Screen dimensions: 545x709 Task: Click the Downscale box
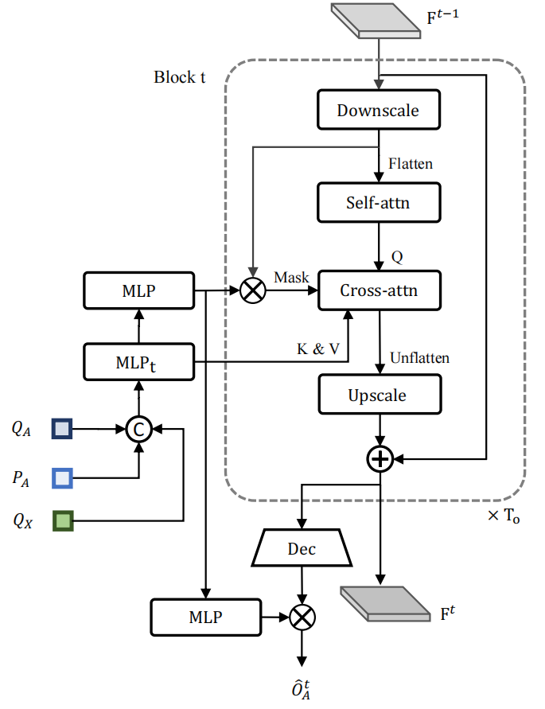click(x=379, y=110)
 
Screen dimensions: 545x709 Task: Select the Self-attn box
click(x=379, y=203)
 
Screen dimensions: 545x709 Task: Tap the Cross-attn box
click(x=379, y=290)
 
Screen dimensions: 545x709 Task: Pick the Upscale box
click(x=380, y=395)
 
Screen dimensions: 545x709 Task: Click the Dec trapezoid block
click(x=302, y=547)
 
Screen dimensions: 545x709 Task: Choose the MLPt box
click(x=139, y=362)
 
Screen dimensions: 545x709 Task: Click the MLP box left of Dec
click(x=206, y=617)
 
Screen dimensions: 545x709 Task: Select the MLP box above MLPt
click(x=139, y=290)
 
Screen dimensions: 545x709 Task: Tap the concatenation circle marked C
click(x=139, y=429)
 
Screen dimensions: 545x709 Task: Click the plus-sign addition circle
click(x=380, y=459)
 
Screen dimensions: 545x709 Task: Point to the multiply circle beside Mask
click(x=253, y=290)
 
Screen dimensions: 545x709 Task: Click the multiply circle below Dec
click(x=302, y=617)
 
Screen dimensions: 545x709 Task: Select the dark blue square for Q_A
click(x=62, y=429)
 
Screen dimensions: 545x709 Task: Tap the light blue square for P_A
click(x=62, y=478)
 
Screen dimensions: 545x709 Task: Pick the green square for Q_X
click(x=63, y=521)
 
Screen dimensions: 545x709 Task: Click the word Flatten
click(x=411, y=163)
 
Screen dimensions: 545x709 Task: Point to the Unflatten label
click(x=420, y=357)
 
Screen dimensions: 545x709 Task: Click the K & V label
click(x=318, y=349)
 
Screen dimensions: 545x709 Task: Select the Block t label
click(x=180, y=77)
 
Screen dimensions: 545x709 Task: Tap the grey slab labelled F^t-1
click(x=376, y=21)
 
